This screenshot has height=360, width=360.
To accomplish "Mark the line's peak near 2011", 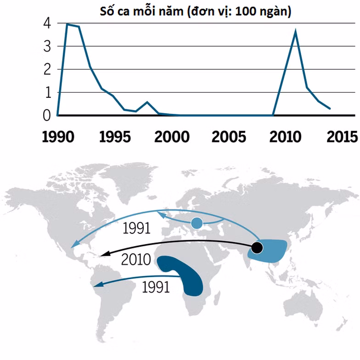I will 295,31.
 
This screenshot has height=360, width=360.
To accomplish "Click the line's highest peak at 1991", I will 67,24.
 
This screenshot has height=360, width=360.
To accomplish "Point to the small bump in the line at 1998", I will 147,102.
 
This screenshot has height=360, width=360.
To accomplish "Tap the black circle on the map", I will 257,248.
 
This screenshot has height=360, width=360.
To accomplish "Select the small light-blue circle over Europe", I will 197,224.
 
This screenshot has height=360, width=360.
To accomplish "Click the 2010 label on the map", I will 136,260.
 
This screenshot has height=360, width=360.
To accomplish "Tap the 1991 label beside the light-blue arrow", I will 136,228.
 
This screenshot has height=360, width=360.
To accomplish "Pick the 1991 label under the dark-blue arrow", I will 156,287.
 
